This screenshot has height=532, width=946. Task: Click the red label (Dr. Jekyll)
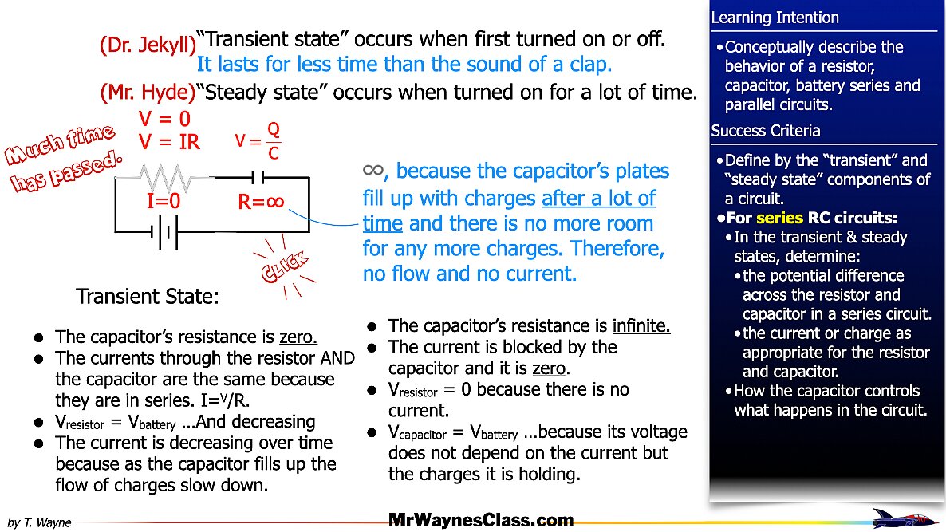click(148, 45)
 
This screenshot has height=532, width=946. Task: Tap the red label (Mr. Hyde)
click(148, 93)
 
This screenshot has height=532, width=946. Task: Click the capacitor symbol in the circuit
click(254, 177)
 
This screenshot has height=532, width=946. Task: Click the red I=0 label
click(163, 203)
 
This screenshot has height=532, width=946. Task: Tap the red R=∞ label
click(261, 203)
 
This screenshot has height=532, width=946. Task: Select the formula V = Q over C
click(259, 141)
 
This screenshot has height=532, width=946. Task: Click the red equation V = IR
click(169, 142)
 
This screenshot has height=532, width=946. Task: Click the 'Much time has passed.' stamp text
click(64, 160)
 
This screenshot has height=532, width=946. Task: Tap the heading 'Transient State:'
click(147, 298)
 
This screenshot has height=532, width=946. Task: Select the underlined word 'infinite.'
click(641, 326)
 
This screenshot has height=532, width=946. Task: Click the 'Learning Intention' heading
click(775, 18)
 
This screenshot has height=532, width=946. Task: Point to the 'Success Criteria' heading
click(765, 131)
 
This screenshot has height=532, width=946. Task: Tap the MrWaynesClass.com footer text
click(480, 521)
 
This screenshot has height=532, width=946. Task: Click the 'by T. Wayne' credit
click(39, 523)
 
